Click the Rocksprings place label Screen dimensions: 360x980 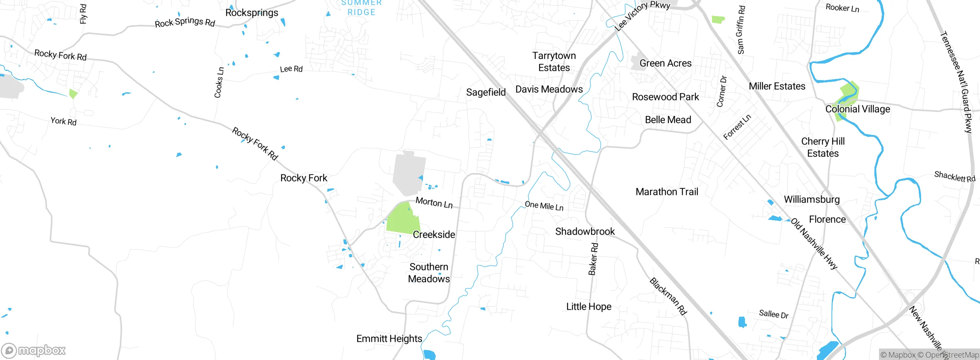pyautogui.click(x=252, y=13)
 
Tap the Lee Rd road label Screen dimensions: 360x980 pyautogui.click(x=291, y=69)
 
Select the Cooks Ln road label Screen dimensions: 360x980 pyautogui.click(x=219, y=82)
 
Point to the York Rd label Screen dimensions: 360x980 pyautogui.click(x=64, y=121)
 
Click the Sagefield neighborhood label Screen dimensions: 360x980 pyautogui.click(x=486, y=92)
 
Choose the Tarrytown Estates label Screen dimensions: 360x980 pyautogui.click(x=554, y=62)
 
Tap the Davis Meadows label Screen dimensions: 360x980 pyautogui.click(x=549, y=89)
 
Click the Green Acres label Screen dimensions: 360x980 pyautogui.click(x=665, y=63)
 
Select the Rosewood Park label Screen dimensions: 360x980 pyautogui.click(x=665, y=97)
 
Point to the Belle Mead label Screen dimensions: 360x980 pyautogui.click(x=668, y=120)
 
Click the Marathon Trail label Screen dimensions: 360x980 pyautogui.click(x=667, y=192)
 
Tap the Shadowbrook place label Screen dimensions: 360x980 pyautogui.click(x=585, y=231)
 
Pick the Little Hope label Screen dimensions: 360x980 pyautogui.click(x=589, y=306)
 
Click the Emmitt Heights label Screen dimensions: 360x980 pyautogui.click(x=389, y=339)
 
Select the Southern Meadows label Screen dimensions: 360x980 pyautogui.click(x=429, y=273)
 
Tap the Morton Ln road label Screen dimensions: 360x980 pyautogui.click(x=434, y=203)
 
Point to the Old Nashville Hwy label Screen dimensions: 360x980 pyautogui.click(x=814, y=244)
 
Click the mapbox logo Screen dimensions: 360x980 pyautogui.click(x=34, y=350)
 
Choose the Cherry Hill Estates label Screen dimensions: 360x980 pyautogui.click(x=823, y=147)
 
